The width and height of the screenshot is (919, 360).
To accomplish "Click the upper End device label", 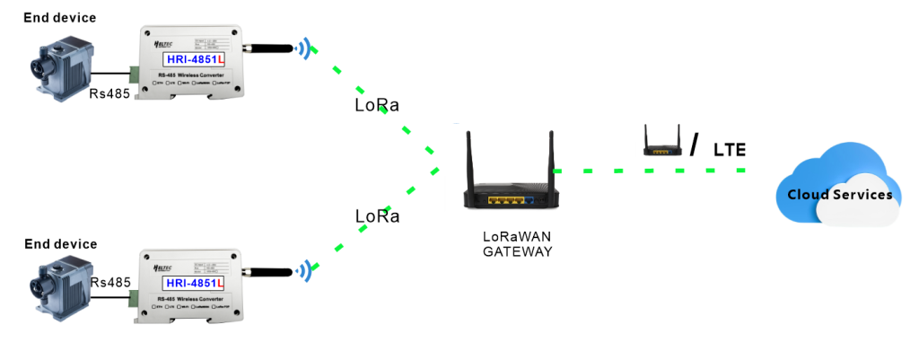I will pos(60,17).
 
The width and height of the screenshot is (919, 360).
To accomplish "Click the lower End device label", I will pos(60,243).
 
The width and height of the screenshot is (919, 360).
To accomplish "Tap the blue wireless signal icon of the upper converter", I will pos(308,48).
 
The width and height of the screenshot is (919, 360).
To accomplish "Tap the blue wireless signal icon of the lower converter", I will pos(308,269).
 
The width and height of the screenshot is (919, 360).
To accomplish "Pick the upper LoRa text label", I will pos(377,105).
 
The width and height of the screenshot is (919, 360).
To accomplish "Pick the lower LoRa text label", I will pos(377,216).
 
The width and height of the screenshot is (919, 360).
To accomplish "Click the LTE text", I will pos(729,149).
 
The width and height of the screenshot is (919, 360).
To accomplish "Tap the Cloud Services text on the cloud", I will pos(839,195).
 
